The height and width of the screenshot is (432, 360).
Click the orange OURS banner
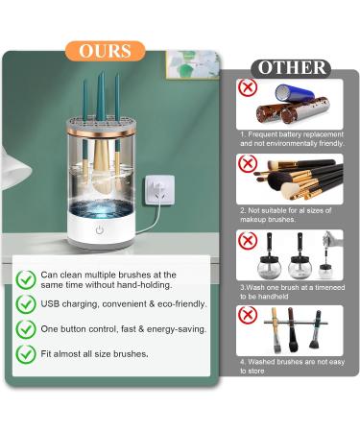[x=106, y=51]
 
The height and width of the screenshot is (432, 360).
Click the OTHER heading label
[x=290, y=68]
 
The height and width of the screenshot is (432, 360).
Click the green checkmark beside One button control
[x=26, y=328]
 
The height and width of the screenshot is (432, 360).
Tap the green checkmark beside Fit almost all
[x=26, y=353]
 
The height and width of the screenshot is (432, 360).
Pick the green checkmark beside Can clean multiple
[x=26, y=278]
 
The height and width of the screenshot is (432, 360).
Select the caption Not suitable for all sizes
[x=291, y=213]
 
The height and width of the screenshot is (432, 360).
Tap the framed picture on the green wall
[x=191, y=64]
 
